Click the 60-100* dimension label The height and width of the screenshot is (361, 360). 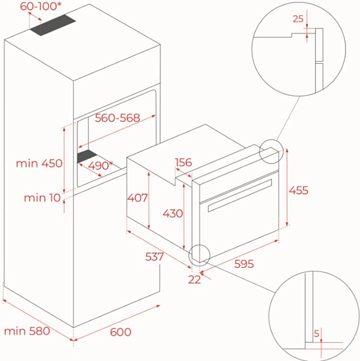pyautogui.click(x=41, y=6)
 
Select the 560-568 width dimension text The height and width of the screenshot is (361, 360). pyautogui.click(x=117, y=118)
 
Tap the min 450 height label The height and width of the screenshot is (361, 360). pyautogui.click(x=39, y=163)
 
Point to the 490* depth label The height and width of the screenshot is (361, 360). pyautogui.click(x=101, y=165)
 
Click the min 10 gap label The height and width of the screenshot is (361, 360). pyautogui.click(x=42, y=198)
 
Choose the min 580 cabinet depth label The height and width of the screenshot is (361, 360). pyautogui.click(x=27, y=331)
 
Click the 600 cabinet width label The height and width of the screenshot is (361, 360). pyautogui.click(x=120, y=332)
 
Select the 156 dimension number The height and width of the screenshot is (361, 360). pyautogui.click(x=184, y=162)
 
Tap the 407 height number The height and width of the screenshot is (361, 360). pyautogui.click(x=137, y=198)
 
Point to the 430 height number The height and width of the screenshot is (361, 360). pyautogui.click(x=173, y=214)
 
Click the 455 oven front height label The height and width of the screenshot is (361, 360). pyautogui.click(x=299, y=190)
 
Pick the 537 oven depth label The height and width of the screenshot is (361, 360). pyautogui.click(x=154, y=257)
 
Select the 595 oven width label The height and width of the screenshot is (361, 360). pyautogui.click(x=244, y=264)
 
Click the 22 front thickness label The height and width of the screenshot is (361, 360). pyautogui.click(x=194, y=280)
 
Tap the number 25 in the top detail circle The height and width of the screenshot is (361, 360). pyautogui.click(x=298, y=19)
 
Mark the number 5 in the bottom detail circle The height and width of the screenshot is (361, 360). pyautogui.click(x=317, y=333)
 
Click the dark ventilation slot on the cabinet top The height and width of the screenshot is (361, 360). pyautogui.click(x=53, y=25)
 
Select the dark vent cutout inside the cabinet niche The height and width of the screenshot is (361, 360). pyautogui.click(x=87, y=156)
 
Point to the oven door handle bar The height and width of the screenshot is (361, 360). pyautogui.click(x=240, y=195)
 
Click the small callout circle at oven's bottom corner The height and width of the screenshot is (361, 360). pyautogui.click(x=199, y=245)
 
